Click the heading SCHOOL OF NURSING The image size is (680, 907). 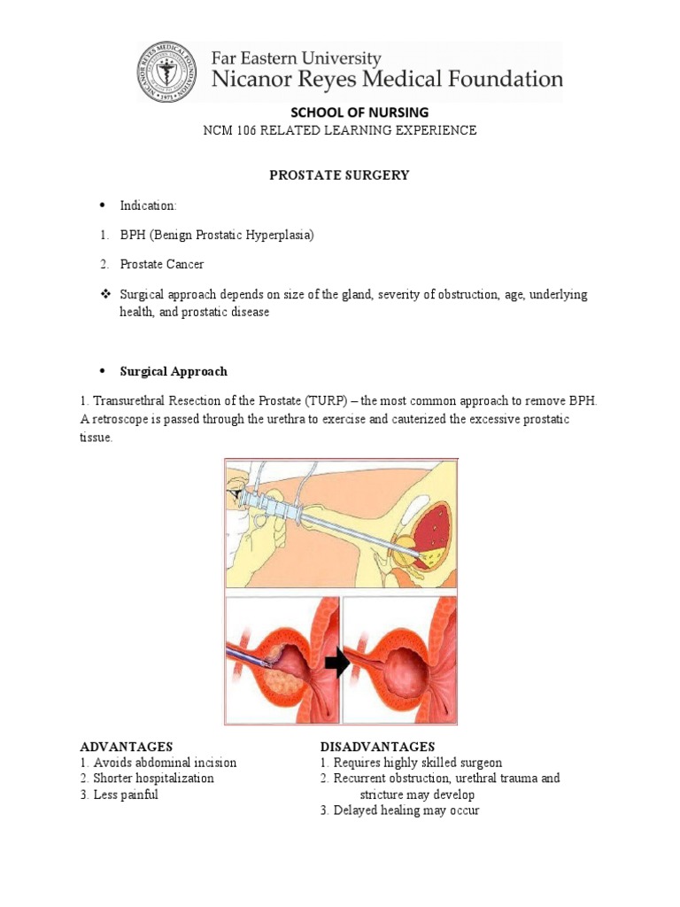[340, 112]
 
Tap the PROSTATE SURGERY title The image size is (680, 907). [339, 175]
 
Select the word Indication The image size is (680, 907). [148, 205]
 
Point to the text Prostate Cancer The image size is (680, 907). [165, 265]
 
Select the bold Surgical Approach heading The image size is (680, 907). [174, 371]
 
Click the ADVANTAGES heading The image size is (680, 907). [126, 747]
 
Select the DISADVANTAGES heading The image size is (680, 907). [377, 747]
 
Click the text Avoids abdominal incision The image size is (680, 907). [165, 763]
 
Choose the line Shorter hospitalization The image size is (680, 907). [153, 779]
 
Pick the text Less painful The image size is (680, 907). [126, 795]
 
